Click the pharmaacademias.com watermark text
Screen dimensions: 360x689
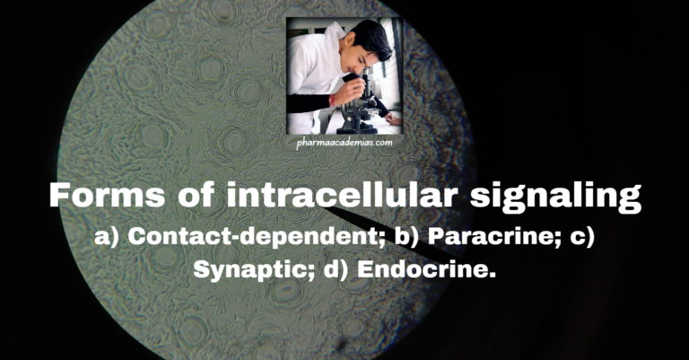[x=344, y=141]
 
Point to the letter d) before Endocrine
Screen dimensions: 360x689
[x=333, y=268]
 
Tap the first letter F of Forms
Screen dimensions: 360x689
[x=58, y=196]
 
